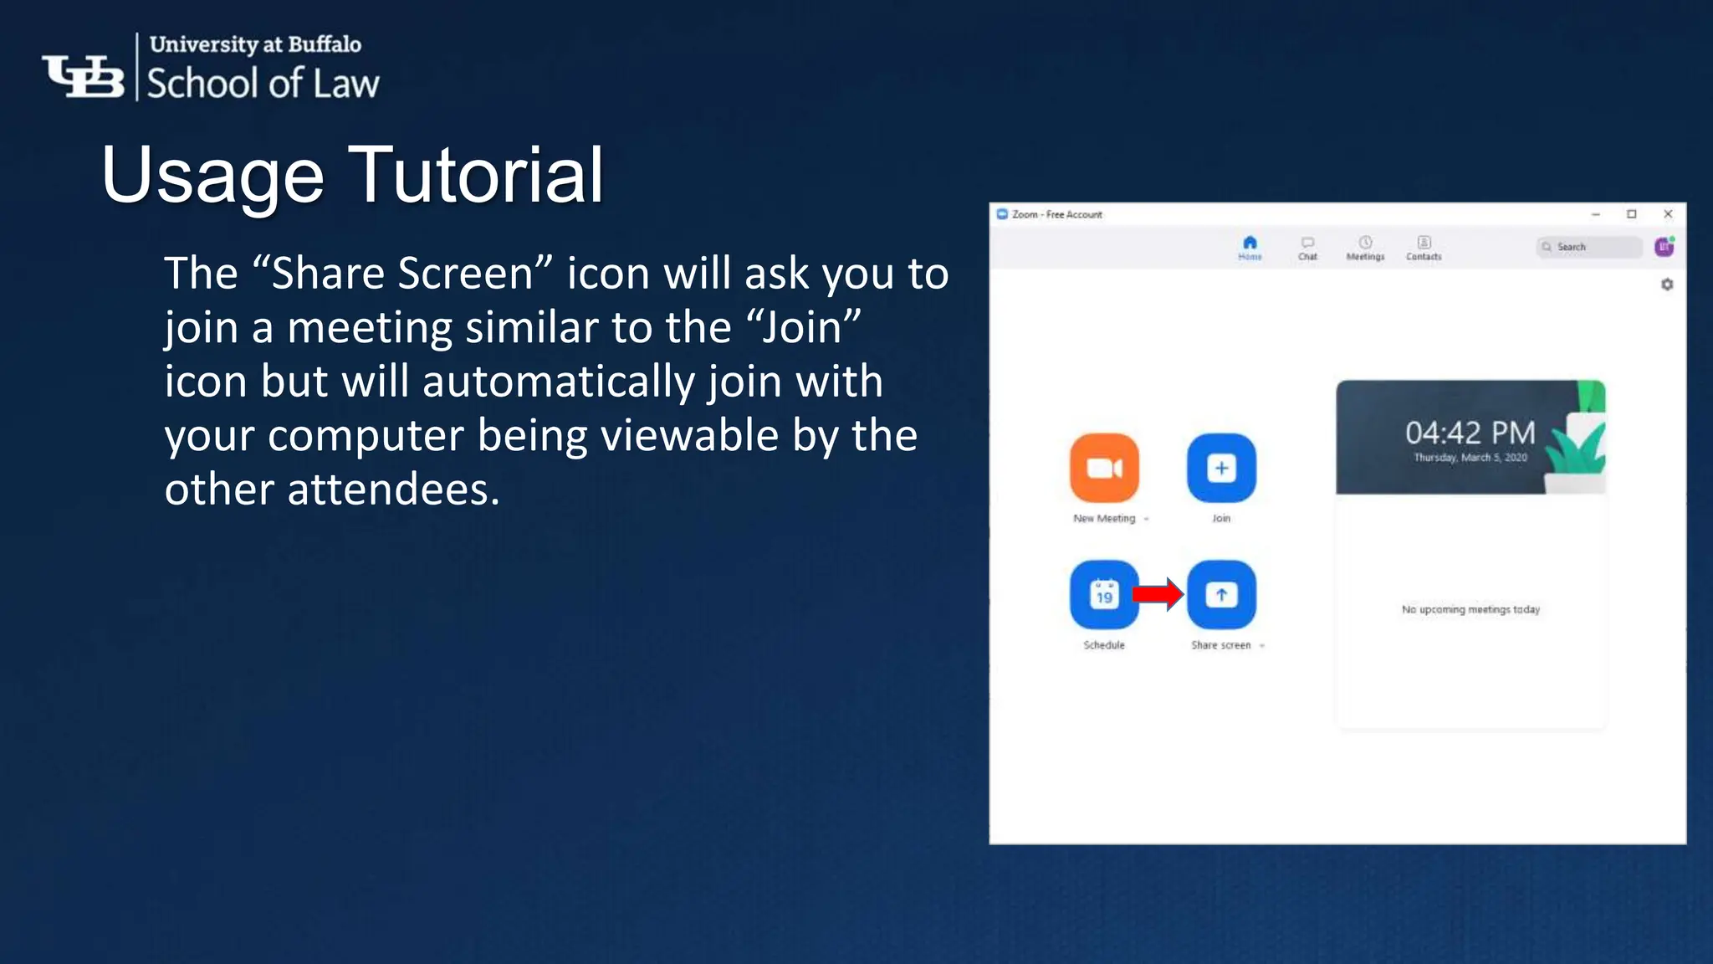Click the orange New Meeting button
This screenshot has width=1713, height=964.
[1104, 468]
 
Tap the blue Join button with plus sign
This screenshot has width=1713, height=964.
[1221, 468]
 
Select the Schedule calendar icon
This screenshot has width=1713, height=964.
[1104, 595]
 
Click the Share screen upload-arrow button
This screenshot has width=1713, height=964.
[1221, 595]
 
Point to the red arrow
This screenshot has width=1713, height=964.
[1158, 594]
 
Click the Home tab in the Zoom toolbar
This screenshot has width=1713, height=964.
[1250, 248]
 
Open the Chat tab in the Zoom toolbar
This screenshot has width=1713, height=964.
[1307, 248]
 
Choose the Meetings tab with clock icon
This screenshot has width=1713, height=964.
[1365, 248]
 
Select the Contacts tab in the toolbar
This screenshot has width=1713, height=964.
[1424, 248]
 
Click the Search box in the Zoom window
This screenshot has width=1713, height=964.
[1589, 247]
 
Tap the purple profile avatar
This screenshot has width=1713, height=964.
[1664, 247]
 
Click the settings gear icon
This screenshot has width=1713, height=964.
[1667, 285]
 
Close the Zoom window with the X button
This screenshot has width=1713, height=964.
[1668, 214]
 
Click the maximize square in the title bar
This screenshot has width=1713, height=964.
[1631, 214]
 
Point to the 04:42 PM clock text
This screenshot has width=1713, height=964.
[1470, 433]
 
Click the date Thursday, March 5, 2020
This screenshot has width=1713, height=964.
[1470, 458]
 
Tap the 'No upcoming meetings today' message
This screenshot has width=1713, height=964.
[1470, 609]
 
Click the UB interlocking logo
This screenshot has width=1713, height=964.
[84, 76]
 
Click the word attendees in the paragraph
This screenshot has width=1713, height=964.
[393, 490]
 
